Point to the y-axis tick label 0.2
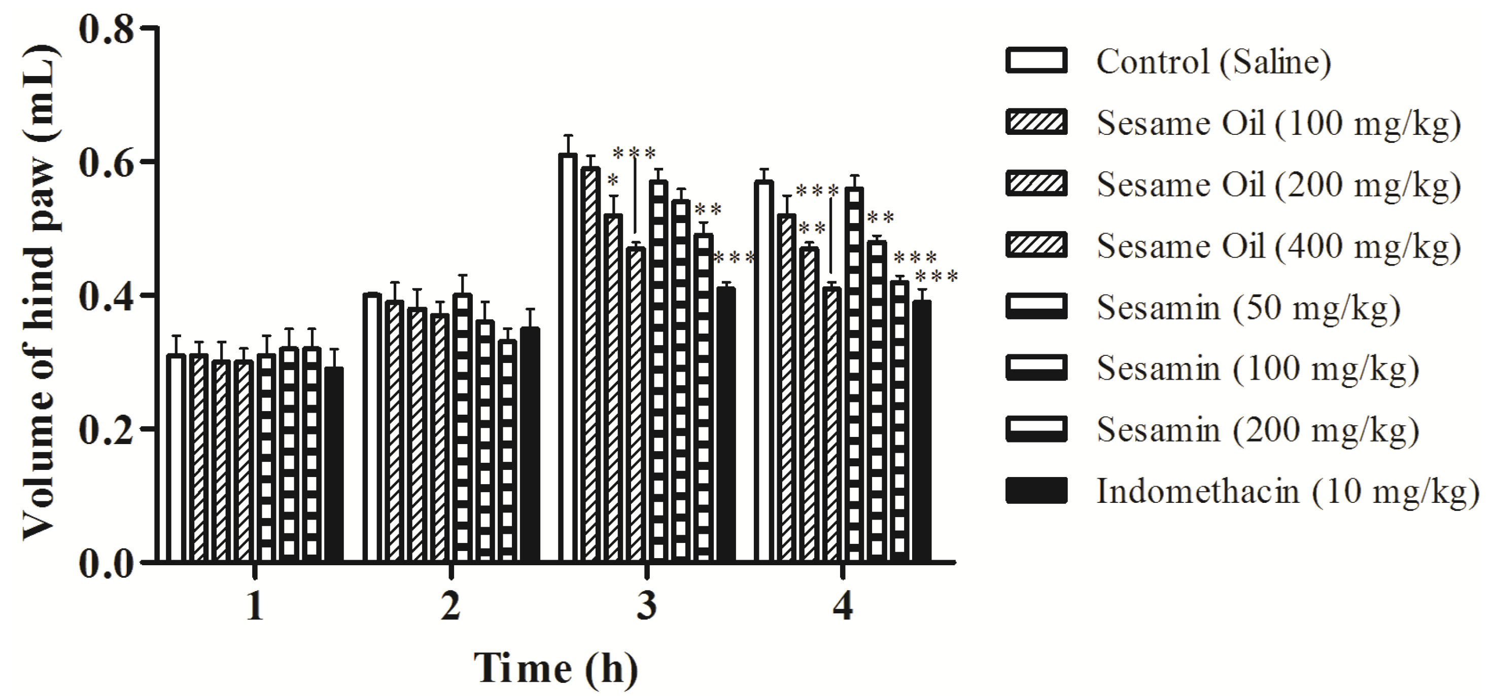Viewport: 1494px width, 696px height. pyautogui.click(x=106, y=430)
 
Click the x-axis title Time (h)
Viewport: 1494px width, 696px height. pyautogui.click(x=555, y=668)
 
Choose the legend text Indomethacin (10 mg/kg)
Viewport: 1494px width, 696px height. pyautogui.click(x=1288, y=491)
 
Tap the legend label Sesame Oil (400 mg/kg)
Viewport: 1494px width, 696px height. pyautogui.click(x=1278, y=246)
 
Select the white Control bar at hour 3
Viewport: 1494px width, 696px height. pyautogui.click(x=568, y=359)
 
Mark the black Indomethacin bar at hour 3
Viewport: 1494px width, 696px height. pyautogui.click(x=725, y=426)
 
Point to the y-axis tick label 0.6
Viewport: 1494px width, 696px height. pyautogui.click(x=106, y=162)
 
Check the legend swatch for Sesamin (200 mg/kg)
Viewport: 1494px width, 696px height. pyautogui.click(x=1036, y=429)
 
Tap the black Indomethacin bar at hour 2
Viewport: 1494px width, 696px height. pyautogui.click(x=530, y=445)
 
